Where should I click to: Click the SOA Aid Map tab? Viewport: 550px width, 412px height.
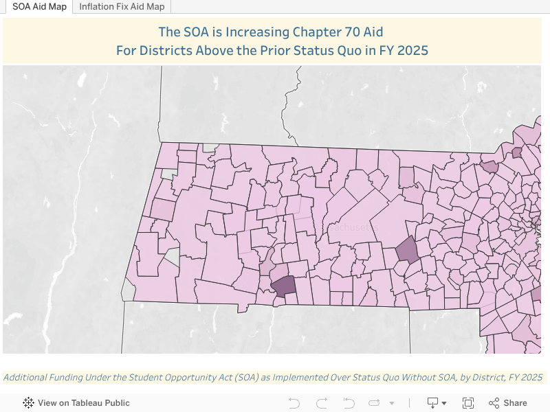pyautogui.click(x=38, y=7)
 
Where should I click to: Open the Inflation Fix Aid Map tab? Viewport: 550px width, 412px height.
pyautogui.click(x=122, y=7)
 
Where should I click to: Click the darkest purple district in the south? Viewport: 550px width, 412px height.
pyautogui.click(x=283, y=285)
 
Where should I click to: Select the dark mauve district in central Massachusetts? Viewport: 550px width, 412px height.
pyautogui.click(x=407, y=249)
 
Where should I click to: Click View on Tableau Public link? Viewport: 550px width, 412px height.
pyautogui.click(x=83, y=403)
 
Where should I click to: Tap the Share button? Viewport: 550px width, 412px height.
pyautogui.click(x=515, y=403)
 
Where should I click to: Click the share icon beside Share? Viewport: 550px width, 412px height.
pyautogui.click(x=494, y=403)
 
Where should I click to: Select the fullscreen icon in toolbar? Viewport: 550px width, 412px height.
pyautogui.click(x=468, y=403)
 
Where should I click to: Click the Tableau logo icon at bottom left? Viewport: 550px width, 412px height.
pyautogui.click(x=29, y=403)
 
